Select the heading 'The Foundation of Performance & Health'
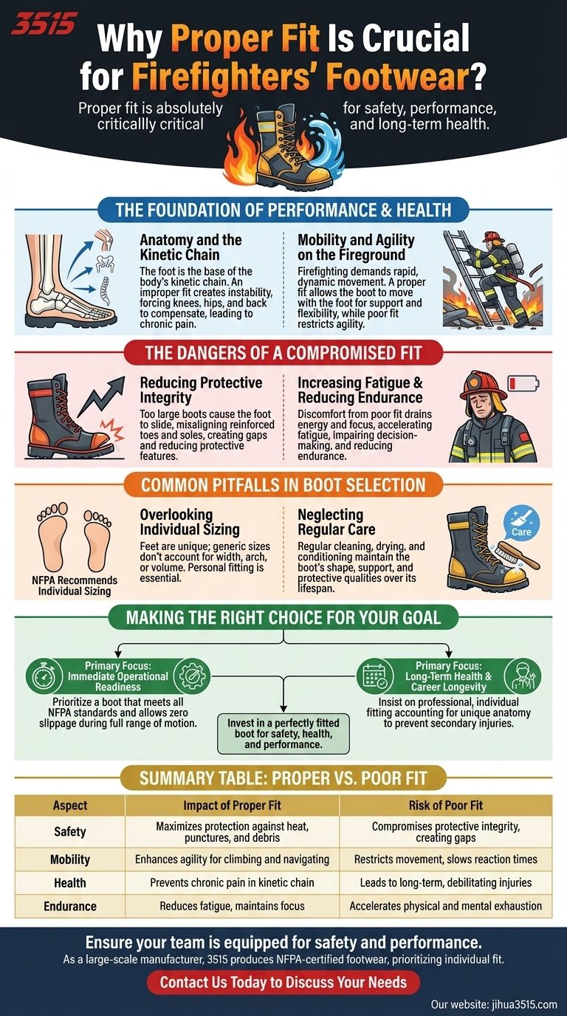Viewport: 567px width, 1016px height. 283,210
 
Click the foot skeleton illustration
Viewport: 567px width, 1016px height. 69,284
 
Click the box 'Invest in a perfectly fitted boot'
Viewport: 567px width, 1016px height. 283,732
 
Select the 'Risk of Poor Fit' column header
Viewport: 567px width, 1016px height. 444,806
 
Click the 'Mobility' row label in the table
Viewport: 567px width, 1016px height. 70,859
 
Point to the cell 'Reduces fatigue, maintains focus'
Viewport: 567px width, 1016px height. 232,905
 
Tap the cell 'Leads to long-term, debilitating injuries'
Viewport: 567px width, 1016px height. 444,882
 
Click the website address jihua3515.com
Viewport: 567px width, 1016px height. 494,1004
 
